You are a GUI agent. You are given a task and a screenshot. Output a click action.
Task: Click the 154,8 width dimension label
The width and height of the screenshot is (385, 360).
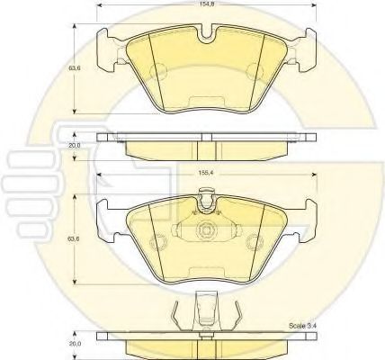206,4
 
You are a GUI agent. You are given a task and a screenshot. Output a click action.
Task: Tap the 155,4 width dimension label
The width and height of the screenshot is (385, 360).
204,173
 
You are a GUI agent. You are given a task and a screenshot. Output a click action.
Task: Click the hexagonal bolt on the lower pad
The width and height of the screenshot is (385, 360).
207,230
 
